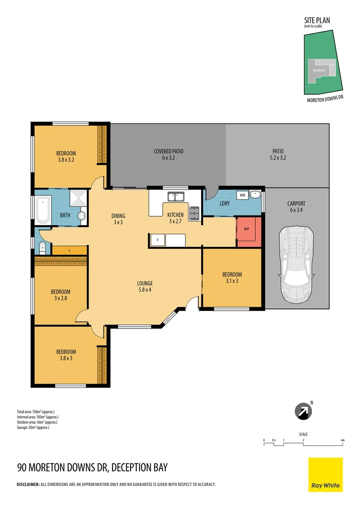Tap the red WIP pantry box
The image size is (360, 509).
pyautogui.click(x=248, y=231)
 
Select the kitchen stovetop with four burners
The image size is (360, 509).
pyautogui.click(x=194, y=213)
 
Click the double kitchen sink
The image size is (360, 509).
pyautogui.click(x=175, y=196)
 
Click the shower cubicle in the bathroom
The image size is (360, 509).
pyautogui.click(x=78, y=198)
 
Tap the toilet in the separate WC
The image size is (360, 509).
pyautogui.click(x=42, y=246)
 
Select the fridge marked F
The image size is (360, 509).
pyautogui.click(x=157, y=240)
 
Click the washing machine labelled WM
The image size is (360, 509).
pyautogui.click(x=242, y=195)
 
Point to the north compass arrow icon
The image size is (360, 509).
pyautogui.click(x=303, y=411)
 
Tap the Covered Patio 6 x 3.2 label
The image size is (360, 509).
pyautogui.click(x=168, y=155)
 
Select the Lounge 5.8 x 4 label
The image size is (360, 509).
pyautogui.click(x=145, y=287)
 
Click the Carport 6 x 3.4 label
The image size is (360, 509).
pyautogui.click(x=296, y=207)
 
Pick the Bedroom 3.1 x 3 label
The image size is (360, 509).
pyautogui.click(x=232, y=278)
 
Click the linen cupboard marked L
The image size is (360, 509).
pyautogui.click(x=69, y=250)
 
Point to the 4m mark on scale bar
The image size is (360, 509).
pyautogui.click(x=343, y=441)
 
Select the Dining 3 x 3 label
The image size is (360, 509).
pyautogui.click(x=118, y=219)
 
